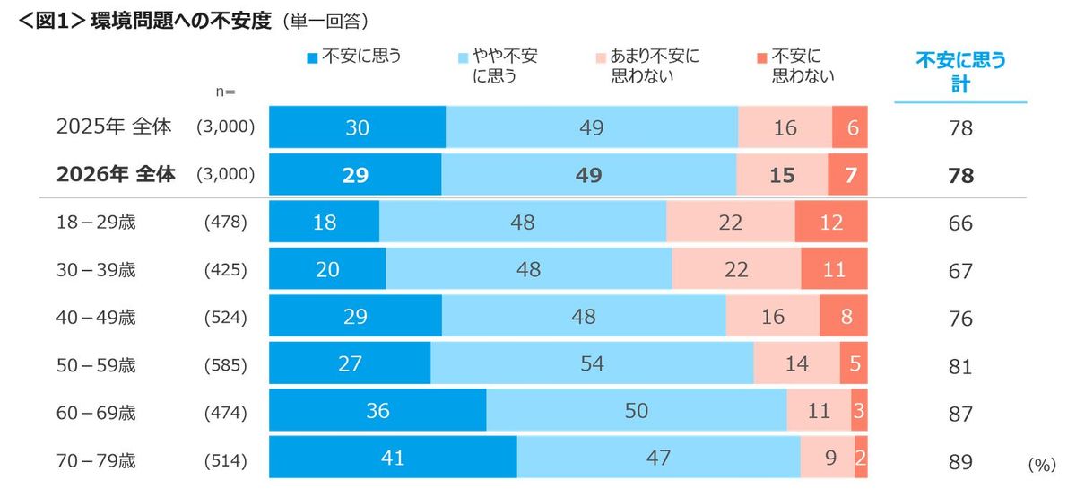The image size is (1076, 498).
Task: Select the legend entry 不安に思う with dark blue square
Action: pyautogui.click(x=354, y=57)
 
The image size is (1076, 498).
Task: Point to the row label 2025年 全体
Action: pyautogui.click(x=114, y=127)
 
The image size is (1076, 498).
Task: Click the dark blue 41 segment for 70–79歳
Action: pyautogui.click(x=393, y=458)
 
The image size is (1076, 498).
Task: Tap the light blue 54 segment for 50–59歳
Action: pyautogui.click(x=592, y=363)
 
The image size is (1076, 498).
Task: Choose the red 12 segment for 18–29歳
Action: pyautogui.click(x=831, y=223)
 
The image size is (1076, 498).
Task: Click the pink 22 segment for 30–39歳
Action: pyautogui.click(x=736, y=269)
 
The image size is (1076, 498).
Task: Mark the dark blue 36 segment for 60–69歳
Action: pyautogui.click(x=377, y=410)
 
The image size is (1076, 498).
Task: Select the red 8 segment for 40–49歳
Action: pyautogui.click(x=843, y=317)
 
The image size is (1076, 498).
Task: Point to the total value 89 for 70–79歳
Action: pyautogui.click(x=960, y=462)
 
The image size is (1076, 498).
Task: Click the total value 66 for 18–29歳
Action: pyautogui.click(x=960, y=223)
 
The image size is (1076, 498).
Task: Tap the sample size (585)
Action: pyautogui.click(x=225, y=365)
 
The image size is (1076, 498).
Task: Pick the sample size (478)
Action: pyautogui.click(x=225, y=222)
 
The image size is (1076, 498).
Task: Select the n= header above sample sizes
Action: pyautogui.click(x=225, y=92)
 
